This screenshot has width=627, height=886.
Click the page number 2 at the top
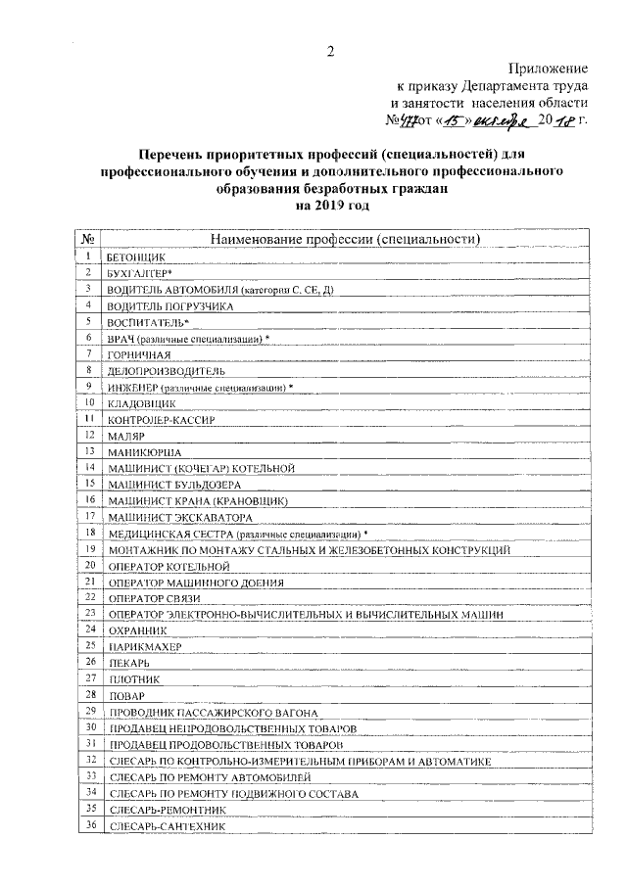click(x=330, y=52)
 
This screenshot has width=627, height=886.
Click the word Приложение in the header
click(x=548, y=69)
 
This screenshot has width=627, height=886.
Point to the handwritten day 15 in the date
click(x=449, y=120)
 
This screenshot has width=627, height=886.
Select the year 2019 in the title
click(x=331, y=207)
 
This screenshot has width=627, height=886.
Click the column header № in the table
click(x=88, y=238)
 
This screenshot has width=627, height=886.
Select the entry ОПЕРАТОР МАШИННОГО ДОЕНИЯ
click(x=196, y=582)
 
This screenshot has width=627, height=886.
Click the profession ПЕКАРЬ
click(x=128, y=663)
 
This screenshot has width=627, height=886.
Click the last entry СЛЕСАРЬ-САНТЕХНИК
click(x=168, y=827)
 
